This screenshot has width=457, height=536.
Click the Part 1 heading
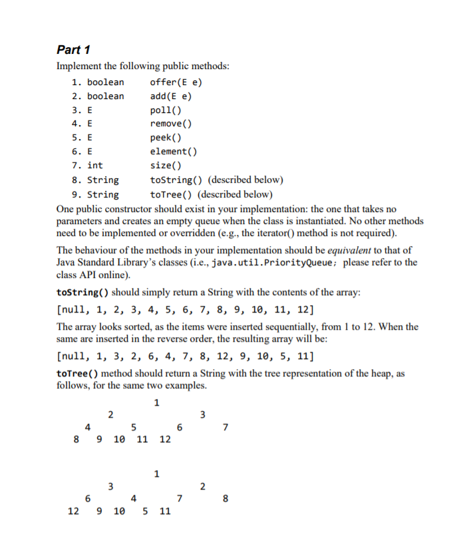pos(74,50)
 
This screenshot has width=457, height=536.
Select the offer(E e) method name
pos(176,82)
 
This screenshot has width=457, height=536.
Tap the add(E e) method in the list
pos(171,96)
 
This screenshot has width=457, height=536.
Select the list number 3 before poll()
pos(75,110)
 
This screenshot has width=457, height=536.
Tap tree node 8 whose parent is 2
pos(226,498)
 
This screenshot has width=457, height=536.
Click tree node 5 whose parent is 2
pos(134,427)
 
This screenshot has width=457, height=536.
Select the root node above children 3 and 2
pos(156,474)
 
